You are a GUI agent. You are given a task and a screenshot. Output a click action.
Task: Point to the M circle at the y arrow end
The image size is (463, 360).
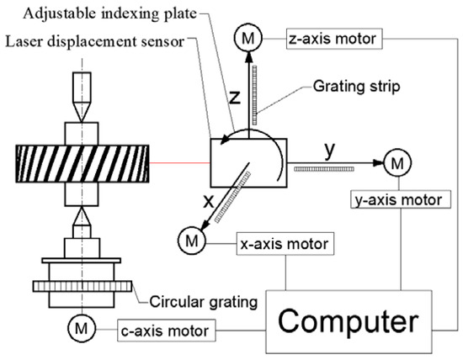tap(394, 162)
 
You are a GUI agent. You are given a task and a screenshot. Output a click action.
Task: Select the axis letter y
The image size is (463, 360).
tap(331, 151)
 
